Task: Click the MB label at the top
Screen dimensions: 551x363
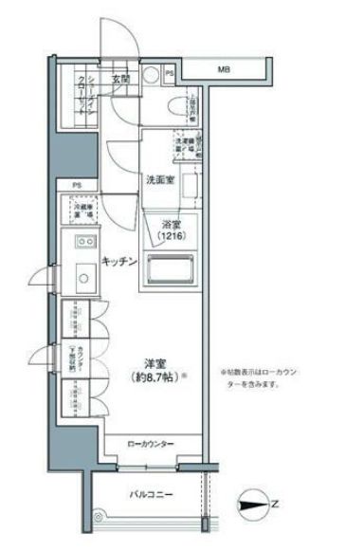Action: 224,70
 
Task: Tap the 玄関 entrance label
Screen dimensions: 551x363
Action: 120,79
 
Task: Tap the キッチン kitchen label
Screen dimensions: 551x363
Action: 120,261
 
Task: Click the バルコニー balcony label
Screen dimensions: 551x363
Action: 152,495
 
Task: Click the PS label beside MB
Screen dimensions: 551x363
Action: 169,71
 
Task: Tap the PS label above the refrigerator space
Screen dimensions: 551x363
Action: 76,185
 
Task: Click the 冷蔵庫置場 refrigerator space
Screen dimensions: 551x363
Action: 83,210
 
